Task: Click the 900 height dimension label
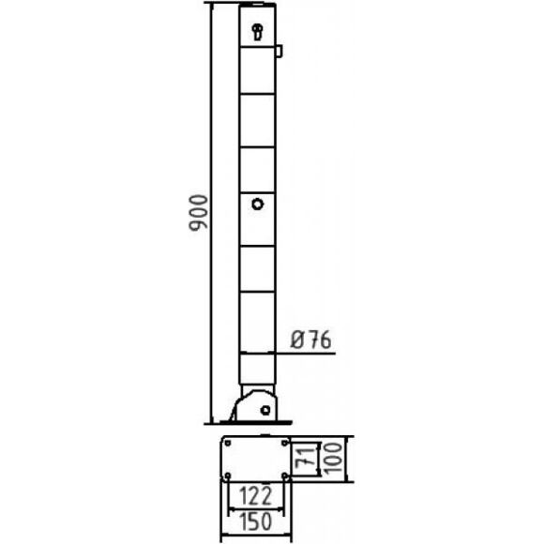[199, 213]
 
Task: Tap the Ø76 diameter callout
[310, 339]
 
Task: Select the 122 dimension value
[255, 496]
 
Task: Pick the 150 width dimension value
[256, 521]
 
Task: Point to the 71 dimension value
[306, 459]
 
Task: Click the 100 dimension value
[334, 459]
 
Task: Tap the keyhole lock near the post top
[257, 32]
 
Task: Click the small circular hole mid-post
[257, 204]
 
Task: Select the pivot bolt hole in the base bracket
[265, 410]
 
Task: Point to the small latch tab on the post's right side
[280, 51]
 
